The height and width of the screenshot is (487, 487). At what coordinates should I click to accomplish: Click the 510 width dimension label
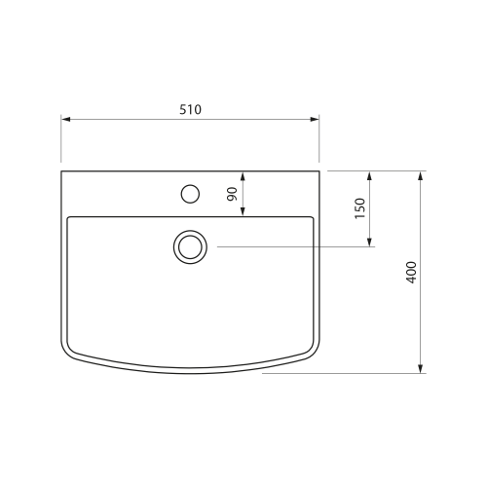pyautogui.click(x=190, y=110)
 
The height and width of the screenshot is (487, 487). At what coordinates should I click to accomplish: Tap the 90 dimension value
pyautogui.click(x=233, y=194)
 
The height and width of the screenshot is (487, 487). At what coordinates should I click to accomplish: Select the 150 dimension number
pyautogui.click(x=360, y=208)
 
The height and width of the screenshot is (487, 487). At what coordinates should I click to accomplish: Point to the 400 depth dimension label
pyautogui.click(x=411, y=273)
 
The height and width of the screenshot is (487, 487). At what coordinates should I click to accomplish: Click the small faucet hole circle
pyautogui.click(x=190, y=194)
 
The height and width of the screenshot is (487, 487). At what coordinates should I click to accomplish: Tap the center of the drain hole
pyautogui.click(x=190, y=247)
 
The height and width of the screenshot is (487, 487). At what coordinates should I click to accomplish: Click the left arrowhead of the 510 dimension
pyautogui.click(x=65, y=119)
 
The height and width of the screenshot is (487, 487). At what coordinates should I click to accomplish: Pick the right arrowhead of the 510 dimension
pyautogui.click(x=315, y=119)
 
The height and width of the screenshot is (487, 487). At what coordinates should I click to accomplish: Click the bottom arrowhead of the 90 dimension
pyautogui.click(x=243, y=211)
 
